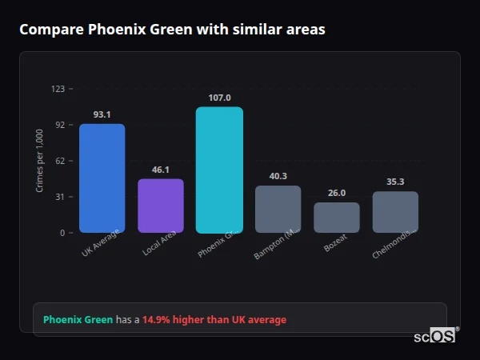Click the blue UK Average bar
point(102,178)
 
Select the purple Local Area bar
point(161,206)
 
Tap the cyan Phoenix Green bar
point(219,170)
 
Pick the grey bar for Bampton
point(278,210)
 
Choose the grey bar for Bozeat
point(337,218)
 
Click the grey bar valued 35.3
point(395,212)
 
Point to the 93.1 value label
point(102,114)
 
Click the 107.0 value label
point(219,98)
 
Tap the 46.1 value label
point(161,170)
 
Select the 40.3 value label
point(278,176)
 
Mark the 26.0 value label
point(337,193)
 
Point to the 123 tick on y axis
point(58,89)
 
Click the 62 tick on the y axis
point(60,161)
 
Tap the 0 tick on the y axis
point(62,233)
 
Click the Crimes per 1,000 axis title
point(39,161)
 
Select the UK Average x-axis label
point(101,243)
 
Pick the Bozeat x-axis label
point(335,244)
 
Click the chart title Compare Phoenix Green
point(172,30)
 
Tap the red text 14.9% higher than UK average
point(214,320)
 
